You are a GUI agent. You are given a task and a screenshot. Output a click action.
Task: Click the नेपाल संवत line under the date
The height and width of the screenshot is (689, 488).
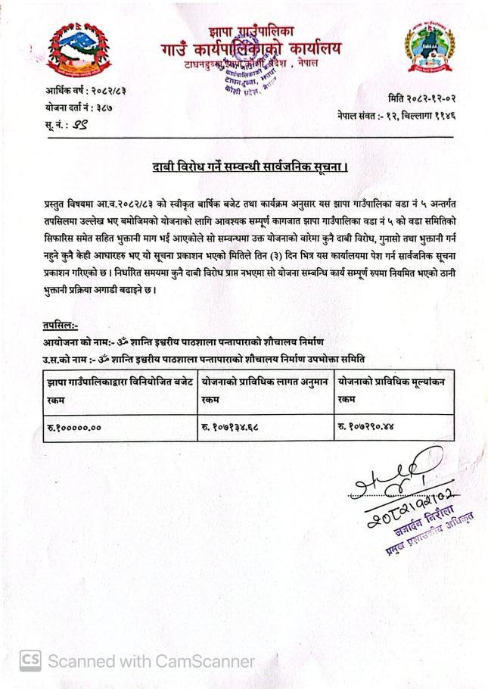coord(396,116)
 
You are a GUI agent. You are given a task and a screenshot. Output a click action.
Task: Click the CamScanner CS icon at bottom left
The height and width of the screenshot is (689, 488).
coord(30,660)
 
